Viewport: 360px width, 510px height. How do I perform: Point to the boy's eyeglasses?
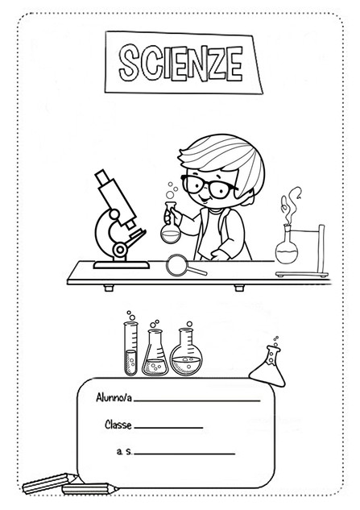[x=209, y=187]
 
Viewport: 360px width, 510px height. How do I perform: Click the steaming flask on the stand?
[x=287, y=246]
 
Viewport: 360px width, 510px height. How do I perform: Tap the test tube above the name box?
[x=130, y=348]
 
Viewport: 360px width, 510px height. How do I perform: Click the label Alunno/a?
[x=114, y=397]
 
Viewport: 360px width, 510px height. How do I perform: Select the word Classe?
[x=118, y=425]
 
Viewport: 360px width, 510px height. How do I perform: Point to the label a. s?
[x=124, y=451]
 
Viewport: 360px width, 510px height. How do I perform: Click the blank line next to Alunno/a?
[x=197, y=400]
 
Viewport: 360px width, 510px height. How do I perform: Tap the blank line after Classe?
[x=168, y=428]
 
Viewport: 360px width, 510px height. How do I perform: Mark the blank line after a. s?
[x=184, y=454]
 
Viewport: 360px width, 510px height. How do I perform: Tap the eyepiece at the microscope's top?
[x=101, y=177]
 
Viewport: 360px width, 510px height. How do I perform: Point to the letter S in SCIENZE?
[x=128, y=63]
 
